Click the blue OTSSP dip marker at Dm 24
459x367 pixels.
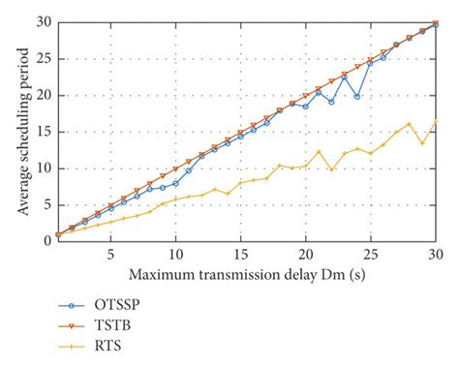(357, 96)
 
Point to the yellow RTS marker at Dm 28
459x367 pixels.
(409, 124)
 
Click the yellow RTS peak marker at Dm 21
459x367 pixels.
(319, 151)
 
